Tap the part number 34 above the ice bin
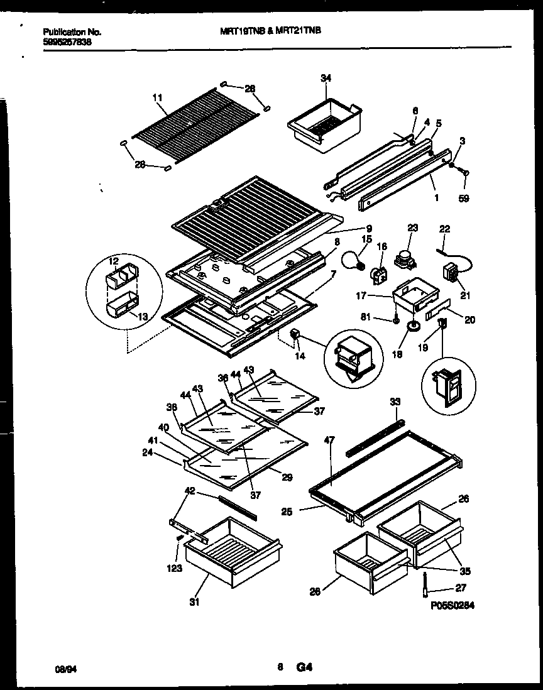[325, 78]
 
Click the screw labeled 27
[425, 584]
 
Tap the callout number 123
[175, 569]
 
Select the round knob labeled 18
[412, 326]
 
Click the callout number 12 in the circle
[113, 260]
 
